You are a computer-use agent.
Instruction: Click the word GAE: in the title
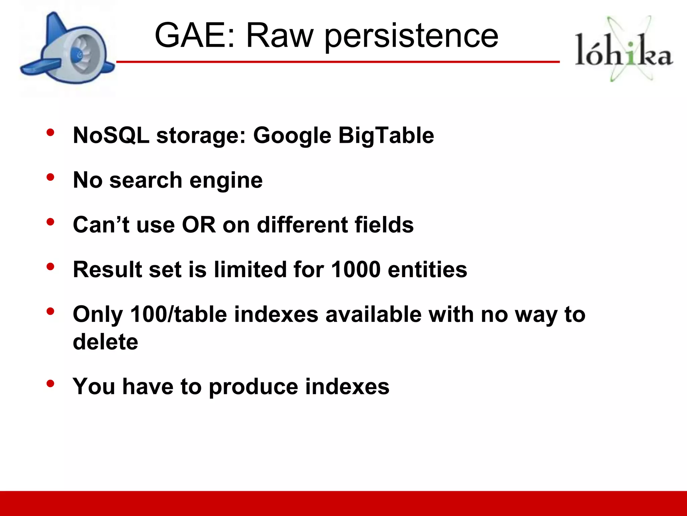pos(195,35)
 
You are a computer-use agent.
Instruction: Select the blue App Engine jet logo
pos(67,50)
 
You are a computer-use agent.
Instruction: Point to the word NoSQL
pos(111,135)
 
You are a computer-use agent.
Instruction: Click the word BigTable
pos(386,136)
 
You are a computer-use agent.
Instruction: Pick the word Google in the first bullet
pos(292,136)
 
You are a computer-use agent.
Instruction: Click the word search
pos(146,180)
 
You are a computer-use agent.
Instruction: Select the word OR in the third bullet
pos(199,225)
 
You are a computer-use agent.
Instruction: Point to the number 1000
pos(356,269)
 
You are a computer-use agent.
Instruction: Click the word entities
pos(427,269)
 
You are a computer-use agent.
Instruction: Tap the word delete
pos(105,342)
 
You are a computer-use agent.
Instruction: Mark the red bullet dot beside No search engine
pos(50,177)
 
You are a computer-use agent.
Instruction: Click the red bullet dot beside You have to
pos(50,383)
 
